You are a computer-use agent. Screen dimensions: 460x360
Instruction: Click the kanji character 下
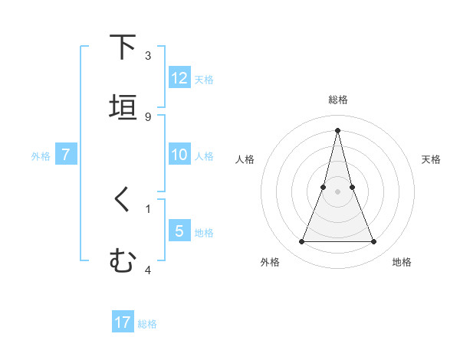coord(123,47)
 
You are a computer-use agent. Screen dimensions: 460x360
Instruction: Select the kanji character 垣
coord(123,107)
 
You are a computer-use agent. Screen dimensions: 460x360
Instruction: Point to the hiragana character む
coord(123,261)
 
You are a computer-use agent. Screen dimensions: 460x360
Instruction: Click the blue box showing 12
coord(179,77)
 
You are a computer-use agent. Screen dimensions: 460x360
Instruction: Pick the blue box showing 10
coord(179,155)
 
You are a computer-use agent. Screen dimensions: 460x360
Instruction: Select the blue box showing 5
coord(179,231)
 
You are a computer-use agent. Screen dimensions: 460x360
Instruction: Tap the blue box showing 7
coord(66,155)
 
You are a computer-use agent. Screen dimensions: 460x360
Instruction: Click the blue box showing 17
coord(123,322)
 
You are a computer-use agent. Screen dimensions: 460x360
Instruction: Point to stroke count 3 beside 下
coord(148,55)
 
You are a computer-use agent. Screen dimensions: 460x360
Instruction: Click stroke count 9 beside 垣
coord(148,116)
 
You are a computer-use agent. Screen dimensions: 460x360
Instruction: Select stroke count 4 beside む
coord(148,270)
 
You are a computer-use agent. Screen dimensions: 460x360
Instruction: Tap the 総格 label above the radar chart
coord(337,100)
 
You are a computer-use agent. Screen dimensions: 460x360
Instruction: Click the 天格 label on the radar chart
coord(432,159)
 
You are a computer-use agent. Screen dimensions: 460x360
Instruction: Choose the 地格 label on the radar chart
coord(402,262)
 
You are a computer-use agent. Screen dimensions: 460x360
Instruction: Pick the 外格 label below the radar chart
coord(270,262)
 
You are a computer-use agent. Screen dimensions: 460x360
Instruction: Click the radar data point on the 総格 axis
coord(337,129)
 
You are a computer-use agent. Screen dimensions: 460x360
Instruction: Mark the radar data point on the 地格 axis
coord(374,242)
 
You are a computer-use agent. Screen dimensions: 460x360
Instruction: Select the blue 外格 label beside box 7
coord(41,155)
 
